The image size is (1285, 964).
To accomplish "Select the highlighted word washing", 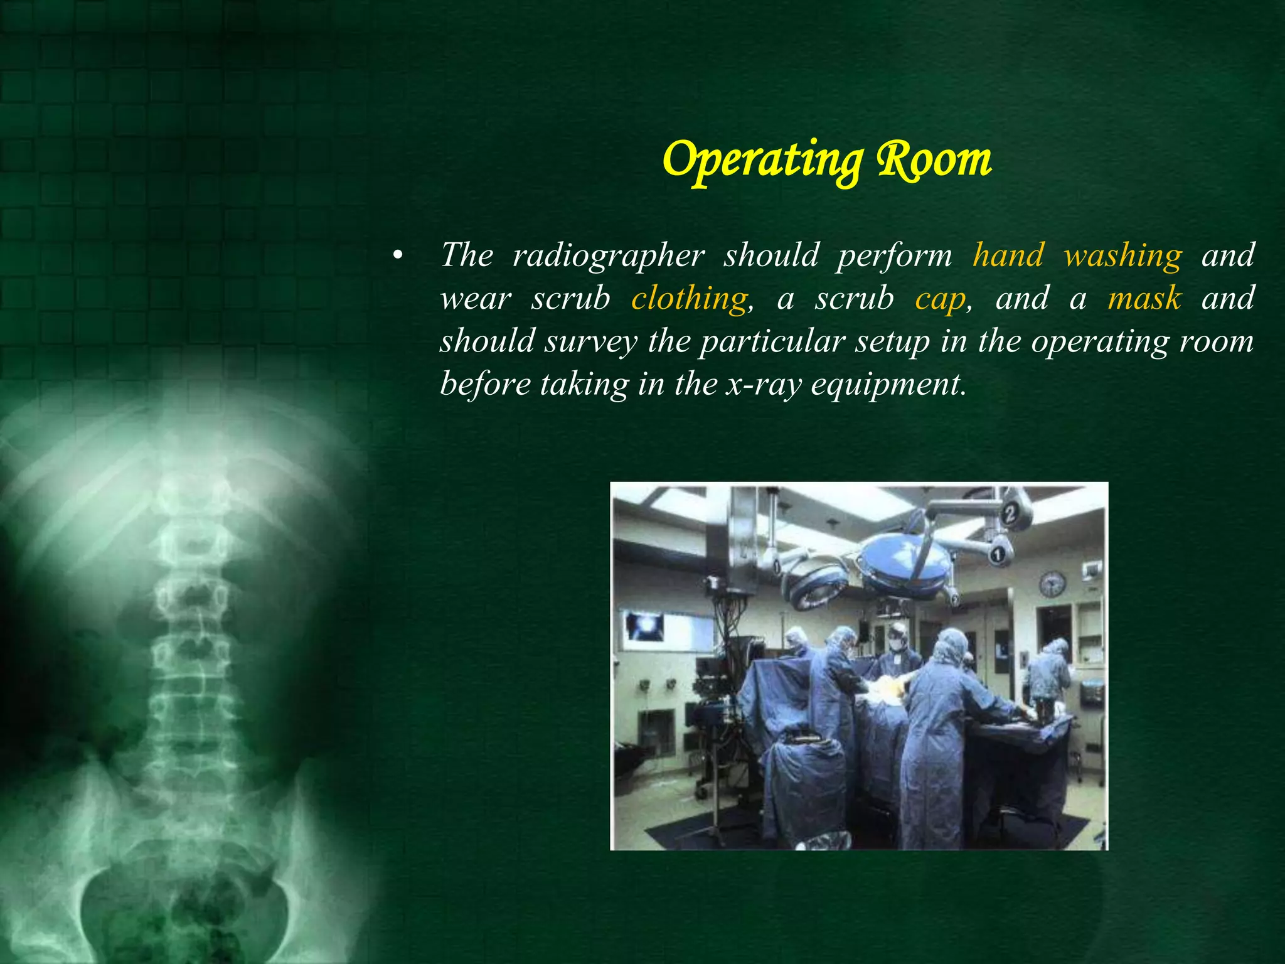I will tap(1122, 255).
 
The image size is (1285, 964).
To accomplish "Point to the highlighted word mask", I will tap(1144, 298).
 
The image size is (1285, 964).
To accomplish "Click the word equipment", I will tap(885, 383).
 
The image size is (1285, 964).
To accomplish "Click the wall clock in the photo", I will tap(1052, 584).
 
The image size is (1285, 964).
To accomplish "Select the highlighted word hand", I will tap(1008, 255).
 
